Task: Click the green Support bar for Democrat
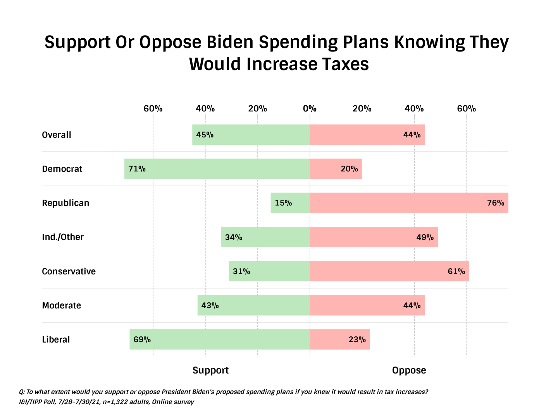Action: (x=217, y=169)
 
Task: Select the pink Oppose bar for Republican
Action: (x=409, y=203)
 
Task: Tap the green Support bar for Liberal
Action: (x=220, y=339)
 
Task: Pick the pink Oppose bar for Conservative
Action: (x=389, y=271)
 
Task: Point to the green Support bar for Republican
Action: (x=290, y=203)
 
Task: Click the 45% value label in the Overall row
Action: (x=205, y=135)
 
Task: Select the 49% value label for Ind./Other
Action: (x=425, y=237)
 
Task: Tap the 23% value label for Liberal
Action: (x=357, y=339)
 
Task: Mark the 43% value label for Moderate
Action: (x=210, y=305)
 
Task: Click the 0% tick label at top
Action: (x=310, y=108)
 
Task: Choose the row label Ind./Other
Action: (x=63, y=237)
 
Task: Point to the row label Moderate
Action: (x=62, y=305)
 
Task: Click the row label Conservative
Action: (x=69, y=271)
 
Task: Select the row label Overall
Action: (x=57, y=135)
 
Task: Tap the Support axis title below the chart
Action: (x=210, y=370)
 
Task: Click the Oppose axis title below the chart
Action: (x=409, y=370)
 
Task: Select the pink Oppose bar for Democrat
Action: (x=336, y=169)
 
